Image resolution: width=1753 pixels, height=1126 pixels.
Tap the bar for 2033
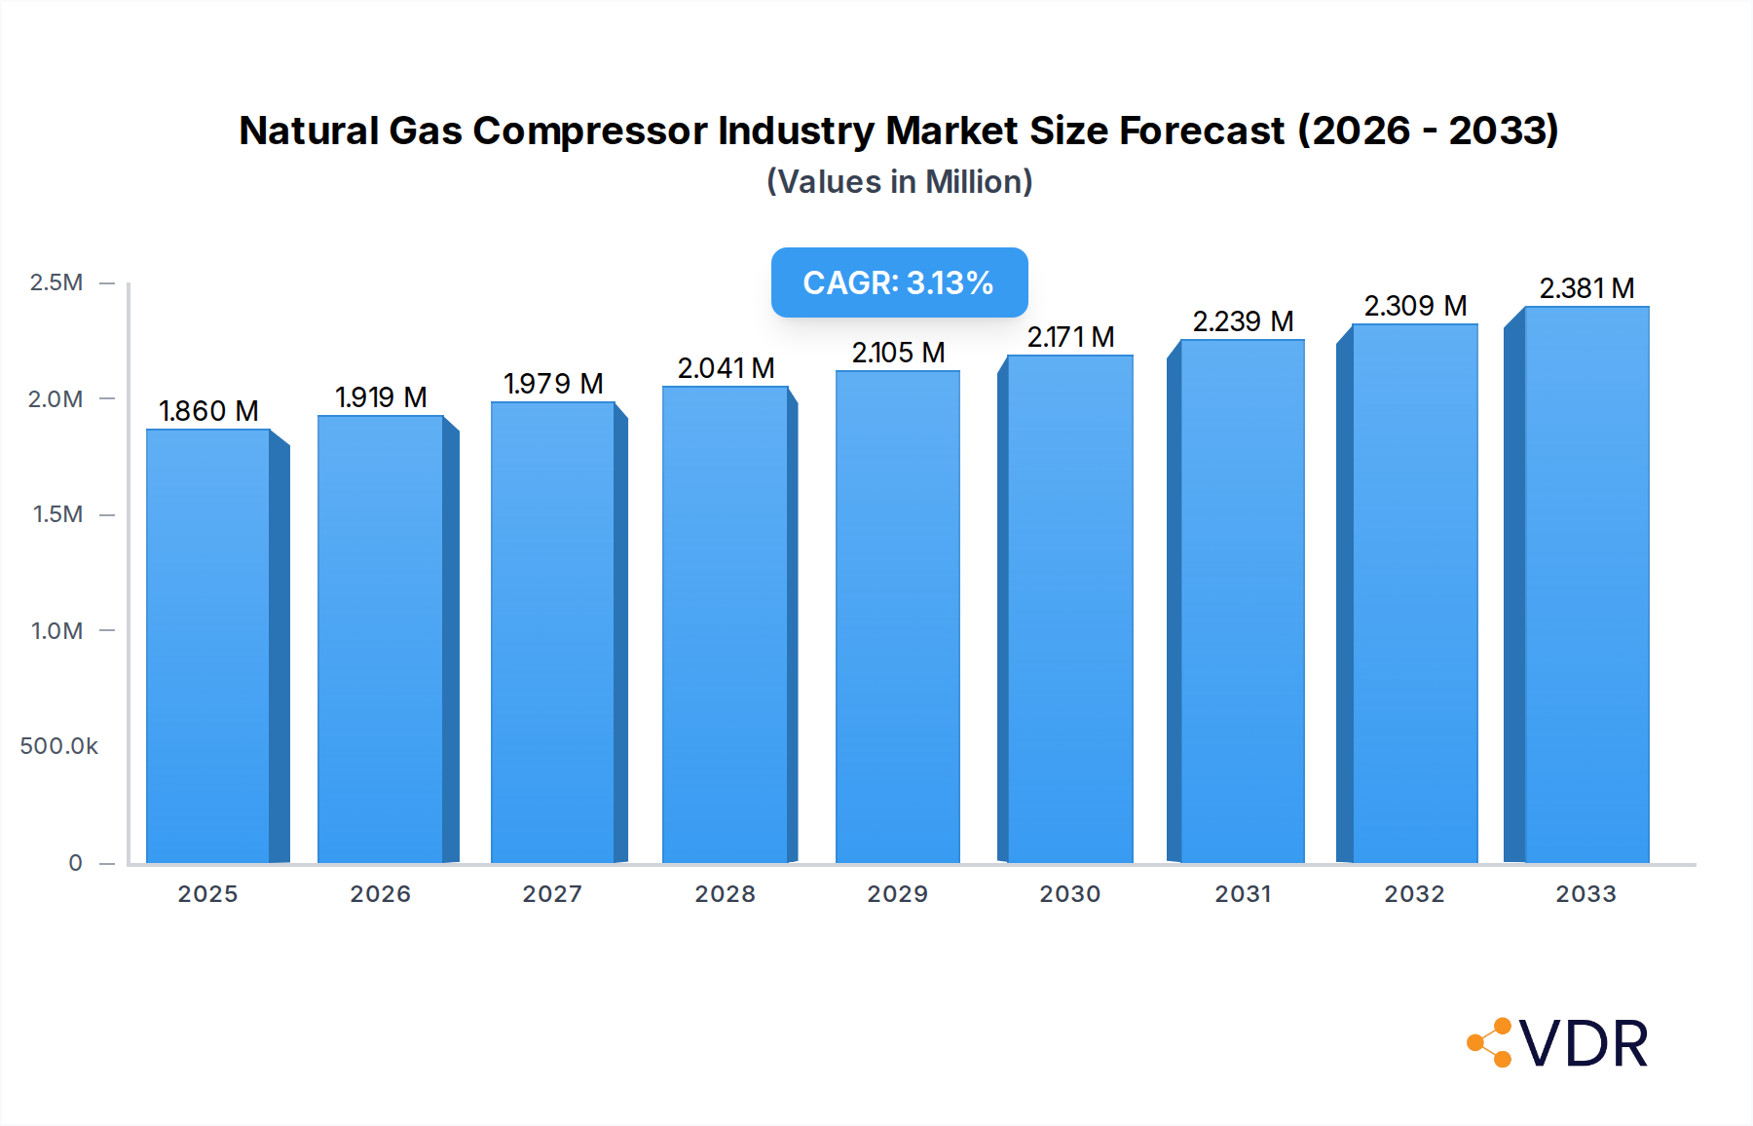click(x=1585, y=584)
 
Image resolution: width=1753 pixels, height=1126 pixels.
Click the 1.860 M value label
click(x=208, y=411)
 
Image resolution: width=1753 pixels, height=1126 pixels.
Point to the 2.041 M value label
click(x=726, y=368)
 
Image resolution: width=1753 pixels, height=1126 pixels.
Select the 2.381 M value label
click(x=1586, y=288)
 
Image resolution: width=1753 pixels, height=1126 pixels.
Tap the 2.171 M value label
click(x=1070, y=337)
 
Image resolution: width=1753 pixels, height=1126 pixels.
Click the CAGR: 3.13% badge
click(x=899, y=282)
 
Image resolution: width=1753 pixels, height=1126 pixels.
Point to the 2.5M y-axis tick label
click(x=56, y=282)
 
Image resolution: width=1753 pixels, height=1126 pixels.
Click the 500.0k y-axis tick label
click(x=58, y=746)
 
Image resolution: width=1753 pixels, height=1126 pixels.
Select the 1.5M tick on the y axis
click(x=57, y=514)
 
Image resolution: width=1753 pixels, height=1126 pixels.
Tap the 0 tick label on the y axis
click(x=75, y=863)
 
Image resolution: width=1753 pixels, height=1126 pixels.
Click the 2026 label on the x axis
click(x=381, y=894)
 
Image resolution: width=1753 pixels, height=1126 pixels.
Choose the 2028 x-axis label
click(x=725, y=894)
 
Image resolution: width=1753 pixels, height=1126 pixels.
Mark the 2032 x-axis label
click(x=1414, y=894)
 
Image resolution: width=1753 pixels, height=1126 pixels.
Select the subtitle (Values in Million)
click(x=899, y=182)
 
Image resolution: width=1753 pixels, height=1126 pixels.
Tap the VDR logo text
click(x=1584, y=1044)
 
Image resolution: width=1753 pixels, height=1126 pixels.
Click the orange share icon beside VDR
click(x=1490, y=1043)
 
